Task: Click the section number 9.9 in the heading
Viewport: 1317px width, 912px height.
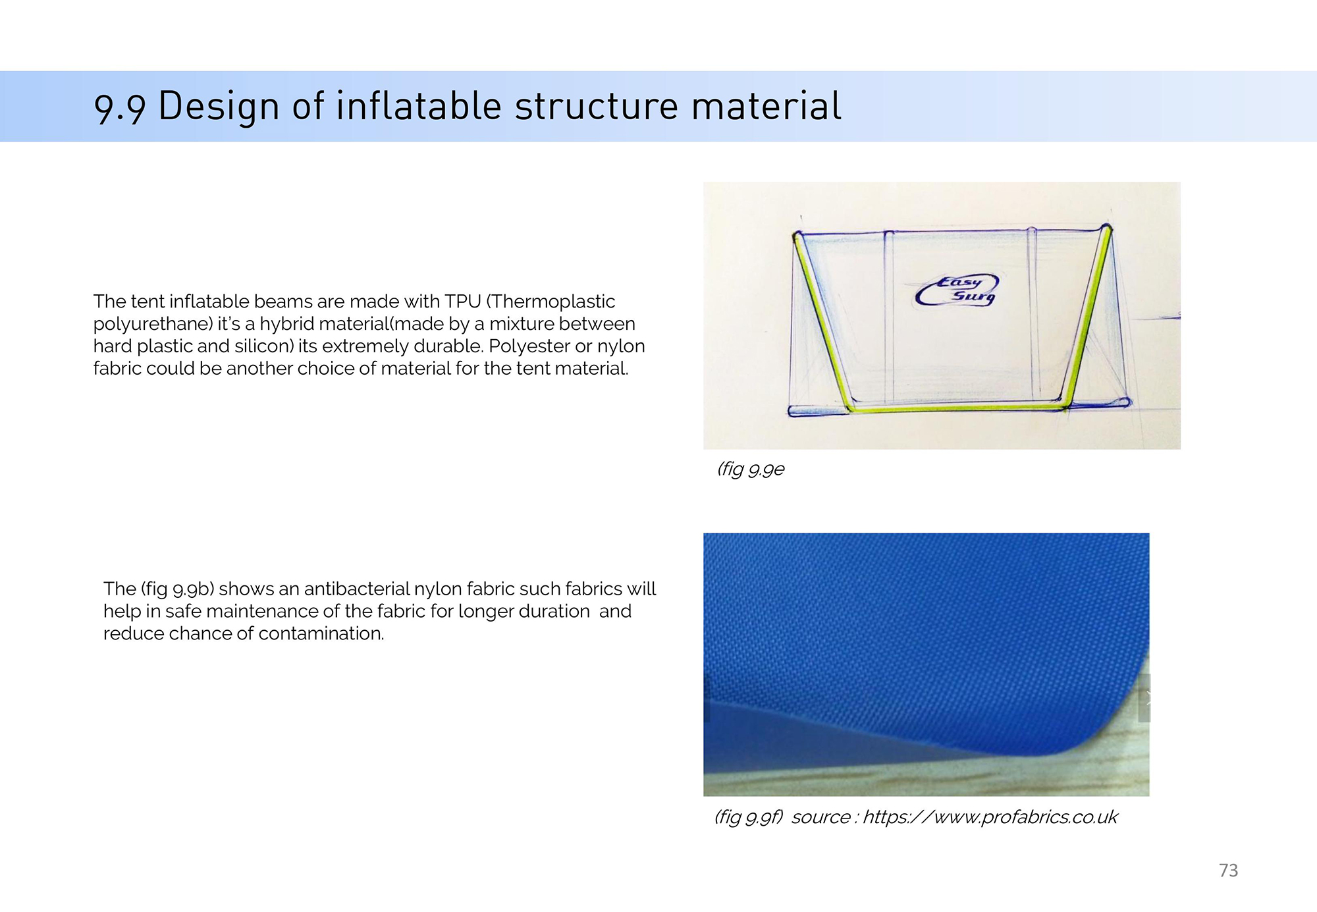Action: pyautogui.click(x=119, y=107)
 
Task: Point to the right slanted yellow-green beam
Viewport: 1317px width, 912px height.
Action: pyautogui.click(x=1087, y=316)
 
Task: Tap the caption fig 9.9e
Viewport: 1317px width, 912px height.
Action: pyautogui.click(x=751, y=469)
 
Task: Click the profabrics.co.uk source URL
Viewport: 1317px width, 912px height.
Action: pyautogui.click(x=990, y=817)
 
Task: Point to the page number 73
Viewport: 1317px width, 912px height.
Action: pyautogui.click(x=1228, y=871)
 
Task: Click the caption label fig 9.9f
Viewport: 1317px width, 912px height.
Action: pyautogui.click(x=749, y=817)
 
